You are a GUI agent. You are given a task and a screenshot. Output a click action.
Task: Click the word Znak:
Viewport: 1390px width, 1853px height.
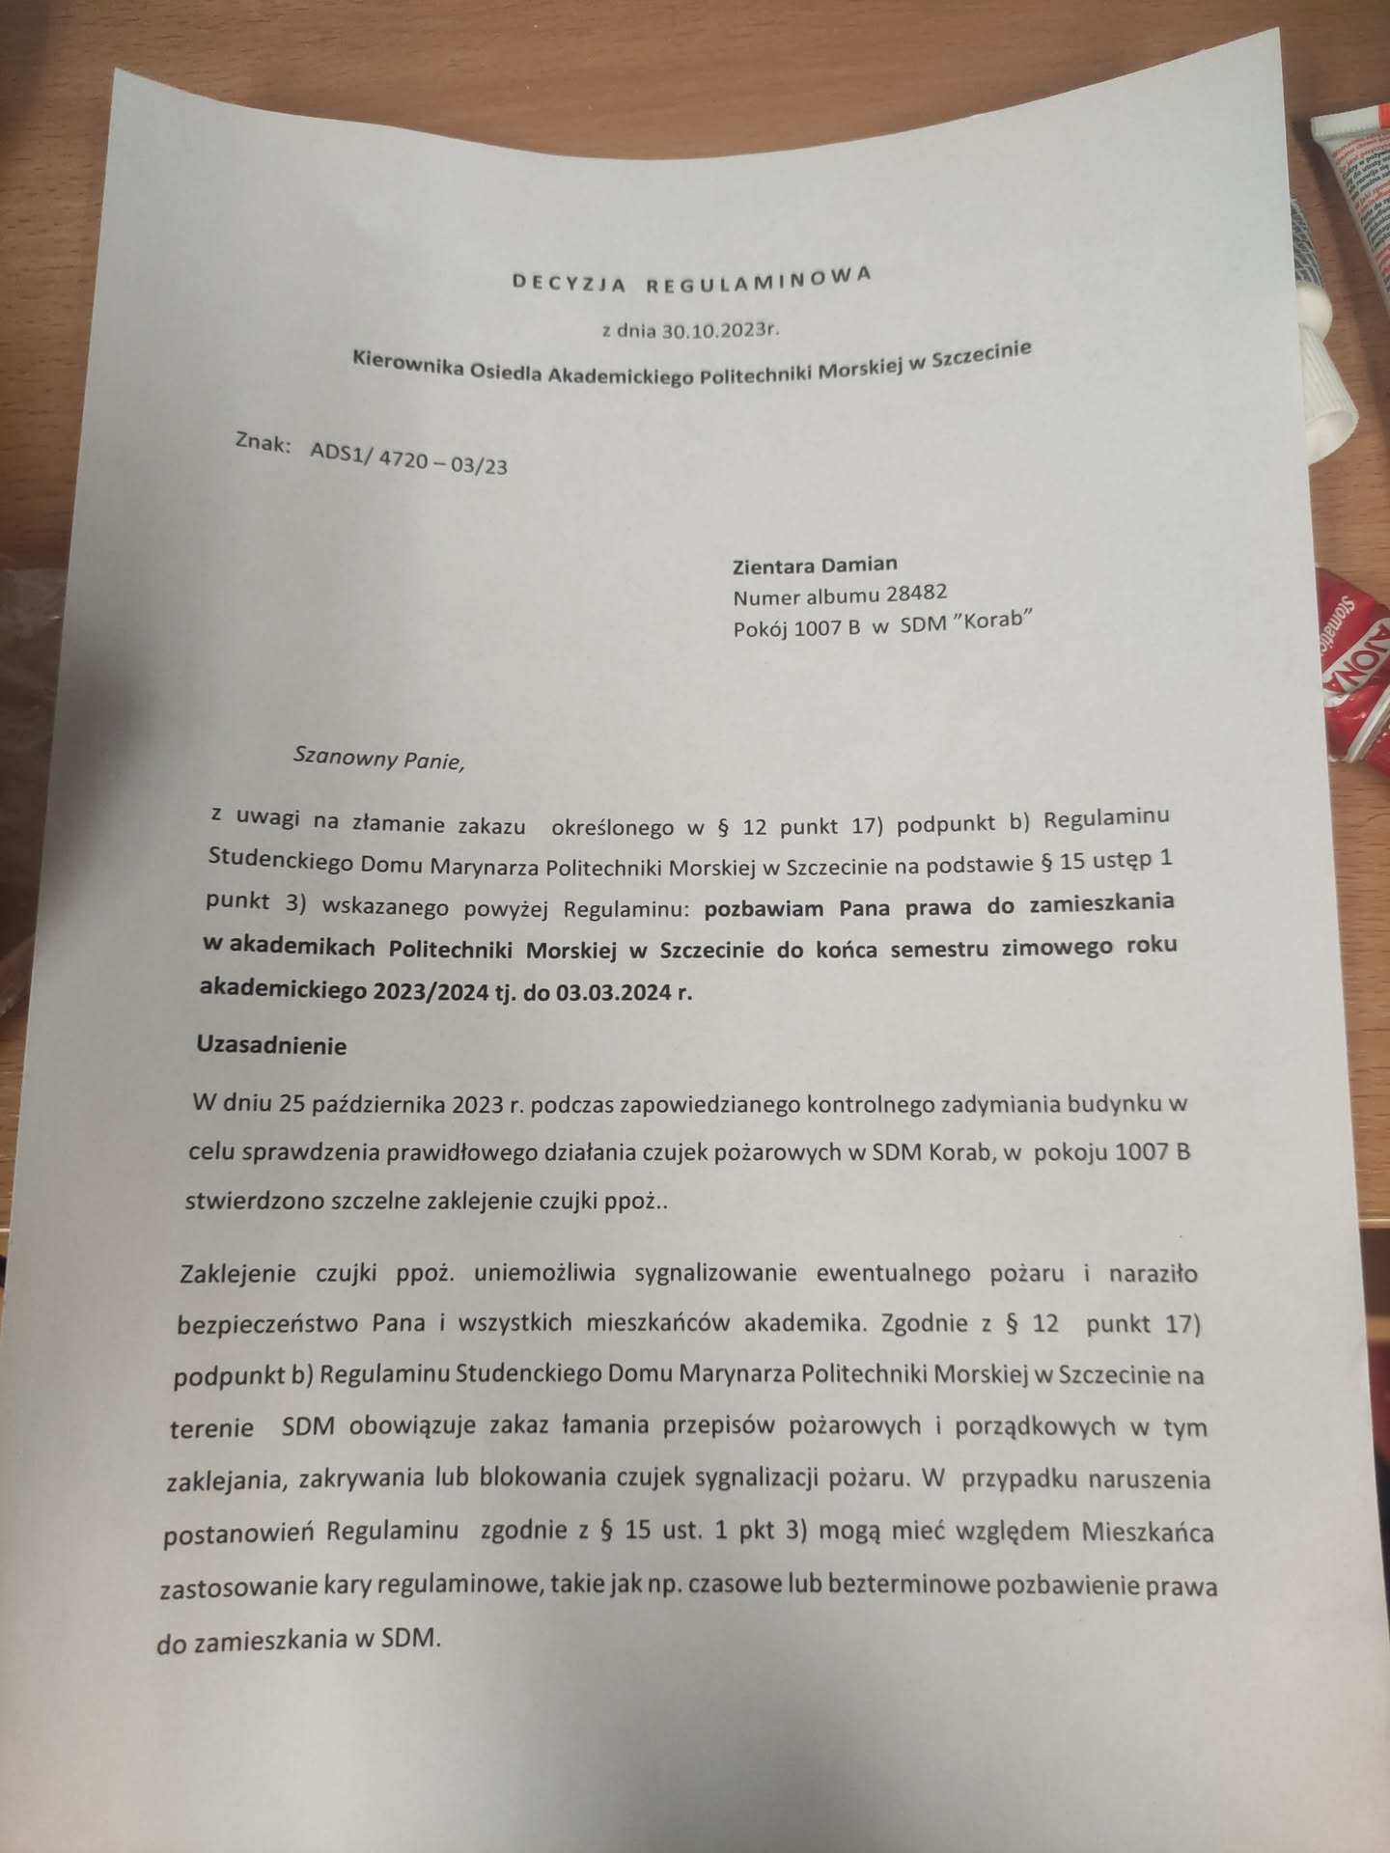click(x=263, y=444)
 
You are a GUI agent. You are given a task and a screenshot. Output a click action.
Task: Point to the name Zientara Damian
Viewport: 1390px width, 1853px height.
click(x=815, y=564)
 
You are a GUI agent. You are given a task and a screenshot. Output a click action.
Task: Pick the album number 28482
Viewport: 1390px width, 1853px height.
click(x=916, y=591)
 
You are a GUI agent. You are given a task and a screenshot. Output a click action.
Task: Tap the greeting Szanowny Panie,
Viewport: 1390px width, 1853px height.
click(x=378, y=759)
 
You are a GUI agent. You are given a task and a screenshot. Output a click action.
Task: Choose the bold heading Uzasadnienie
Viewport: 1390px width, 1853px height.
click(x=271, y=1045)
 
